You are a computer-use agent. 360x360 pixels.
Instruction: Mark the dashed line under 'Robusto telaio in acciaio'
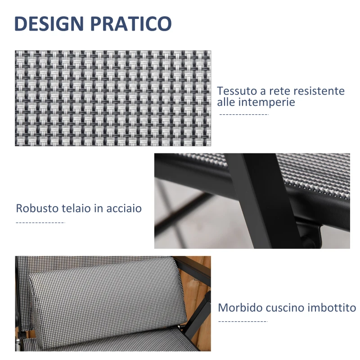[40, 222]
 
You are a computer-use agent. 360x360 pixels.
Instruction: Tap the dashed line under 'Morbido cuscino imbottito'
[243, 321]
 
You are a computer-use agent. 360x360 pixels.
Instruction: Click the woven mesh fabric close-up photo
[112, 98]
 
